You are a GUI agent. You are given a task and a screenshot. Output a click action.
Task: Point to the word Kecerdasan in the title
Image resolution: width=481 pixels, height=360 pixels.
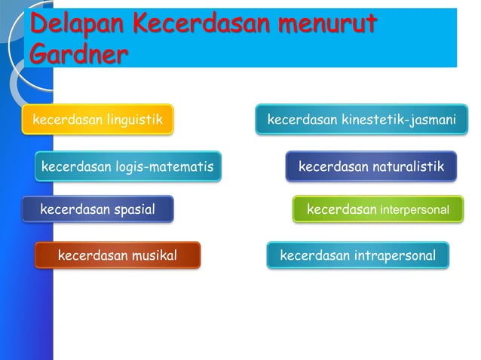(201, 24)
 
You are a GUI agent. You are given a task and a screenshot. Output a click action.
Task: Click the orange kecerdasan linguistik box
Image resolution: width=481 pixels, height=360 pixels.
(97, 119)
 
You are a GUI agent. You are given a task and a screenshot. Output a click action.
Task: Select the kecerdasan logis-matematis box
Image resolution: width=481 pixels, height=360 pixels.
(128, 166)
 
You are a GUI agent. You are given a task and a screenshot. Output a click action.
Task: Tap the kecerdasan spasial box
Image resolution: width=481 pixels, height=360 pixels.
(98, 209)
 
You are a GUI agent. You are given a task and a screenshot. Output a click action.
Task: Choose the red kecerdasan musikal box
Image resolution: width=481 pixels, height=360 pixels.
(118, 255)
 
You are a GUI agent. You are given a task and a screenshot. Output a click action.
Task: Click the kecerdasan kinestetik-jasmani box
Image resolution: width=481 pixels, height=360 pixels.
(361, 119)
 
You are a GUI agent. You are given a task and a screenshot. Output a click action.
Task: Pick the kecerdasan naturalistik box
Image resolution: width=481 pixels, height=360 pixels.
(371, 166)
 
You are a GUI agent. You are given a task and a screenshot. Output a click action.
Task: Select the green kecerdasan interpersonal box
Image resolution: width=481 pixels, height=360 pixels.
(378, 209)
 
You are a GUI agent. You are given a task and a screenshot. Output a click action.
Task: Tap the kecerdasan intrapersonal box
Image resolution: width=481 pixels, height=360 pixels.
(358, 255)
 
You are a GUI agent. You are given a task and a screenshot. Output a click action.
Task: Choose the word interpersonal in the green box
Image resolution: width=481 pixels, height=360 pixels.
(414, 209)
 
